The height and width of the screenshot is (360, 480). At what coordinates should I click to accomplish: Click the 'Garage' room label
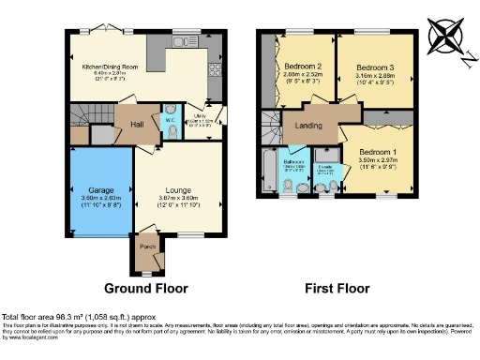100,190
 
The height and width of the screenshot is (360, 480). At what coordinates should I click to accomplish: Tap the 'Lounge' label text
178,190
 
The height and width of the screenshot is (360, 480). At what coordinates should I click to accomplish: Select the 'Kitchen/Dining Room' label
111,66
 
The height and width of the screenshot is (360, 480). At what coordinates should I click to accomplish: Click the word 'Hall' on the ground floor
136,123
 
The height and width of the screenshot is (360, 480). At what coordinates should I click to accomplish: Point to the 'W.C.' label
171,120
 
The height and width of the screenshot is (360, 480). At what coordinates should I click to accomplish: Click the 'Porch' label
147,247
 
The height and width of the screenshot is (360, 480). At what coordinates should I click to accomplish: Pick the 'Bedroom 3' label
376,67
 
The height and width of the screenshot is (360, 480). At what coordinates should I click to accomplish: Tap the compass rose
444,37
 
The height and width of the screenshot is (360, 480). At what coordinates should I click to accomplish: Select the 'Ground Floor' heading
145,288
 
